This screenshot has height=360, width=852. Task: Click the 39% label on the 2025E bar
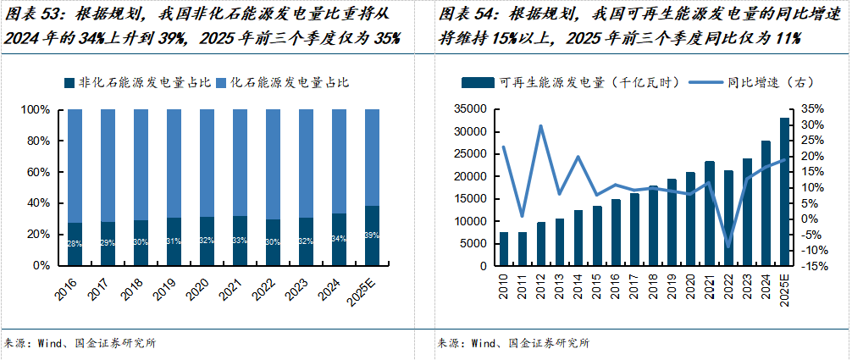pos(371,235)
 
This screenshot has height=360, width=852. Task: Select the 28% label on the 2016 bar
pos(74,244)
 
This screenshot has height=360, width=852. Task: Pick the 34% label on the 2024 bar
pos(338,239)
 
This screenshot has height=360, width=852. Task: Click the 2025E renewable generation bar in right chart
pos(783,191)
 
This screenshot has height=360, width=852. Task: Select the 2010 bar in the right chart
pos(504,248)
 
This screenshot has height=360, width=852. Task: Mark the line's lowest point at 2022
pos(728,246)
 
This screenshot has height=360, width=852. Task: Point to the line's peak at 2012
pos(540,126)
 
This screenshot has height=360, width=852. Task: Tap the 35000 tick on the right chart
pos(468,109)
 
